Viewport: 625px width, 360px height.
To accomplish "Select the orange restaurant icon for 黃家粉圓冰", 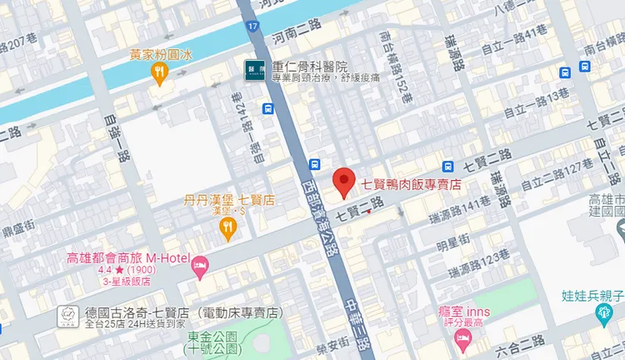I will click(x=159, y=72).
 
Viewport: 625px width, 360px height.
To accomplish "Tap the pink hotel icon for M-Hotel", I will click(x=199, y=267).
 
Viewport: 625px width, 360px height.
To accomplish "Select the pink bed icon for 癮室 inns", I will click(x=462, y=338).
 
